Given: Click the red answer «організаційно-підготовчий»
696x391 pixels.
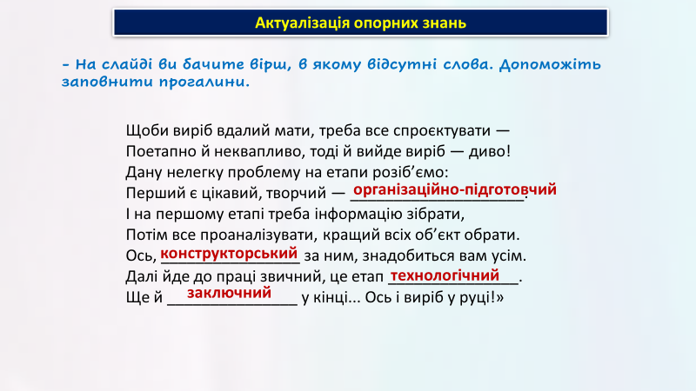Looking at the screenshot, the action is (454, 190).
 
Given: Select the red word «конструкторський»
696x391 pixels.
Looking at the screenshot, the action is (229, 254).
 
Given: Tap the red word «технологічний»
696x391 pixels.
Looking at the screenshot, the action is (445, 275).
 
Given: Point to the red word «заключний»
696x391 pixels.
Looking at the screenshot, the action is (229, 293).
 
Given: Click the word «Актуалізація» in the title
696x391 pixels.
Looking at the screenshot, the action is (302, 23).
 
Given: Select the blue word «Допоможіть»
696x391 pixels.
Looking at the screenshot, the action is (550, 64).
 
